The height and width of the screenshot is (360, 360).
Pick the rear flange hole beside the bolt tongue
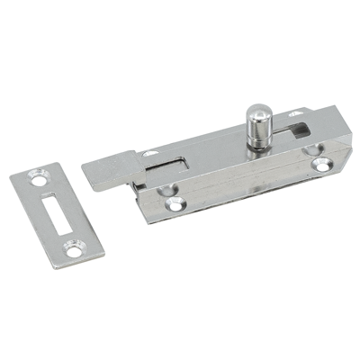149,154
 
